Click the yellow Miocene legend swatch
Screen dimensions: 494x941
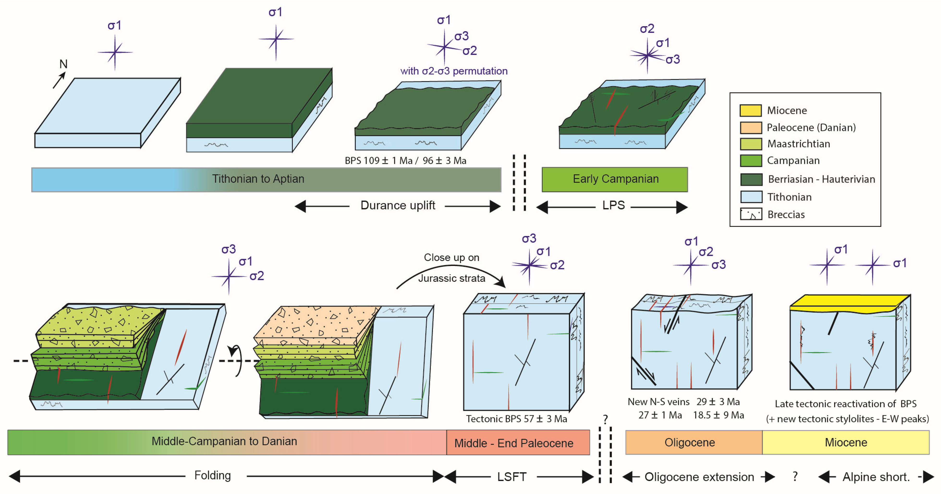751,110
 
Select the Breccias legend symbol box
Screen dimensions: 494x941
751,214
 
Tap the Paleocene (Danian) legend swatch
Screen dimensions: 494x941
751,127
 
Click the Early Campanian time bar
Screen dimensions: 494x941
614,179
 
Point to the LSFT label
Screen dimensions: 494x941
511,476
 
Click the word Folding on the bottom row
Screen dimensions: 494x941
212,475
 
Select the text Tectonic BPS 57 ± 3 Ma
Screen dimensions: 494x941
516,419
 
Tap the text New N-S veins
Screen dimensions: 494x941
658,402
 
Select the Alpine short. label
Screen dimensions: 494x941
876,477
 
